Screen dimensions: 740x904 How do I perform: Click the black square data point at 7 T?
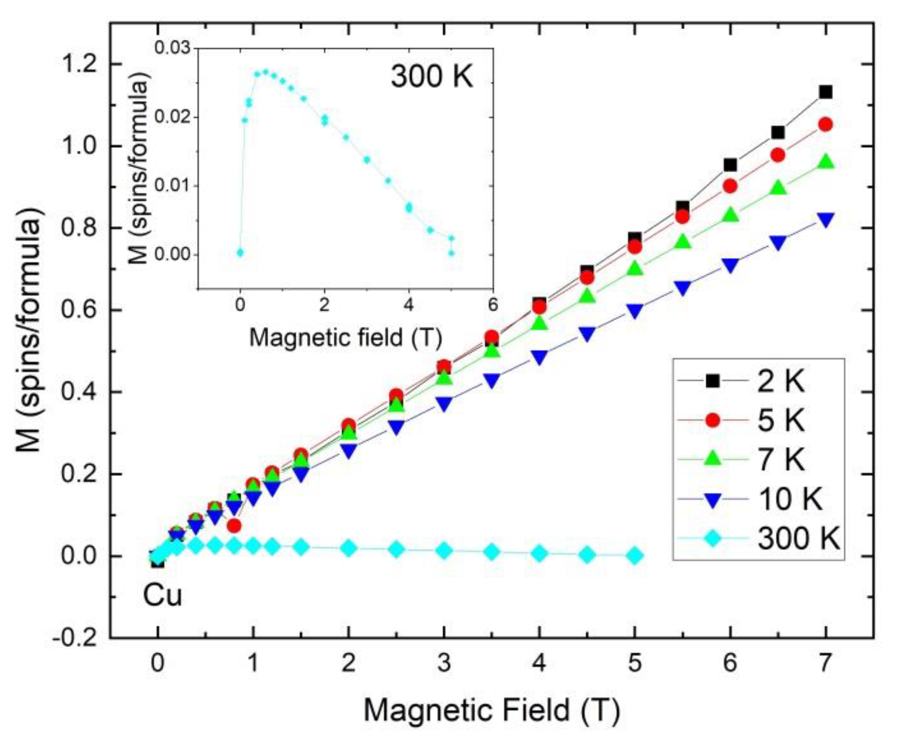[825, 92]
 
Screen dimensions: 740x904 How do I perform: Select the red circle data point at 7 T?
[825, 125]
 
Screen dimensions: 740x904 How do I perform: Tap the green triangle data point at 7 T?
[825, 162]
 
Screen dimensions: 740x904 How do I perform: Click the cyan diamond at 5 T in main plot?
[634, 556]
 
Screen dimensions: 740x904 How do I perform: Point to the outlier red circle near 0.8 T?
[234, 526]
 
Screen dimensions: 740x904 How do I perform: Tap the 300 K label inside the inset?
[432, 76]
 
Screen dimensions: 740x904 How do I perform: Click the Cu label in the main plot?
[162, 596]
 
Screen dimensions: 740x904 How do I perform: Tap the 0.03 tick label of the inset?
[173, 48]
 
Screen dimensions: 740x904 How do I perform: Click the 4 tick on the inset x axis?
[409, 305]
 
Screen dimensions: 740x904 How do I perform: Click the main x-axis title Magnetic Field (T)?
[492, 710]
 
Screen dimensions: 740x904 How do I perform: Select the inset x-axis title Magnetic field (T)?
[345, 337]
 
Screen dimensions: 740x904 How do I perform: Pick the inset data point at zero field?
[240, 253]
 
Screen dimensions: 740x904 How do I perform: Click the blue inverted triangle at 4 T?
[539, 357]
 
